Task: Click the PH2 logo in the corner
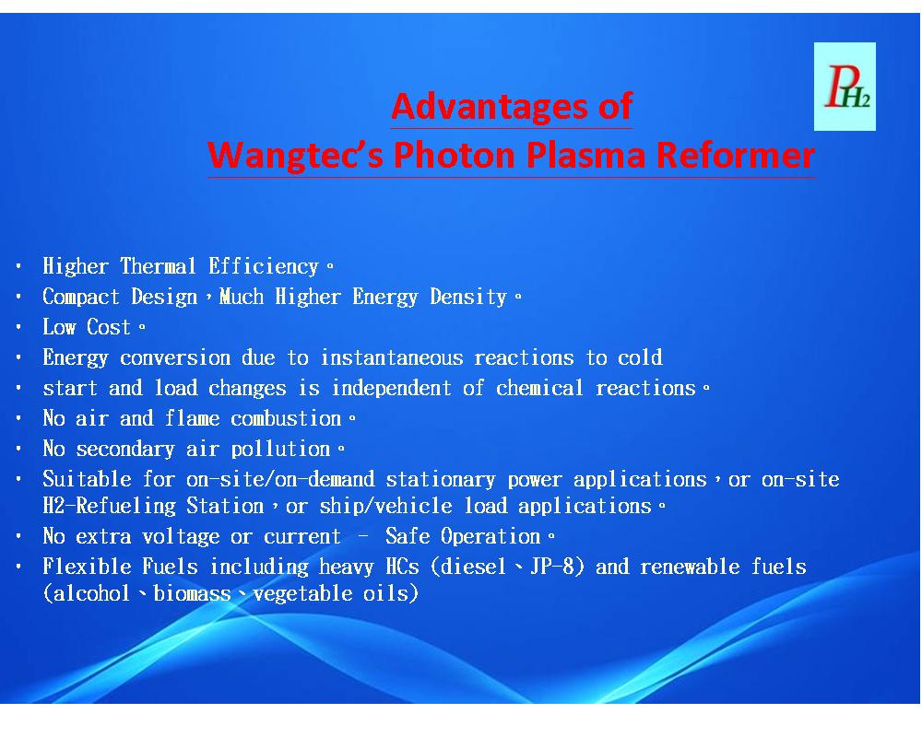(x=845, y=87)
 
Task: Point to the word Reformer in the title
(x=735, y=155)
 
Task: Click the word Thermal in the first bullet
(x=158, y=266)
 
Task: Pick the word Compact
(x=81, y=297)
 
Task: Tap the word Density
(x=468, y=297)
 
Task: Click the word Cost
(x=108, y=327)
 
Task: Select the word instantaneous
(x=392, y=358)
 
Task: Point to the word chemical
(x=539, y=389)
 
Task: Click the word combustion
(x=286, y=419)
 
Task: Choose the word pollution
(x=280, y=450)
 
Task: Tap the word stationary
(x=441, y=480)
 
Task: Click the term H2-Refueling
(x=109, y=507)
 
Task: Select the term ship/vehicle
(x=385, y=507)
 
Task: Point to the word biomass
(x=192, y=593)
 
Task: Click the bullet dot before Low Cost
(x=18, y=327)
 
